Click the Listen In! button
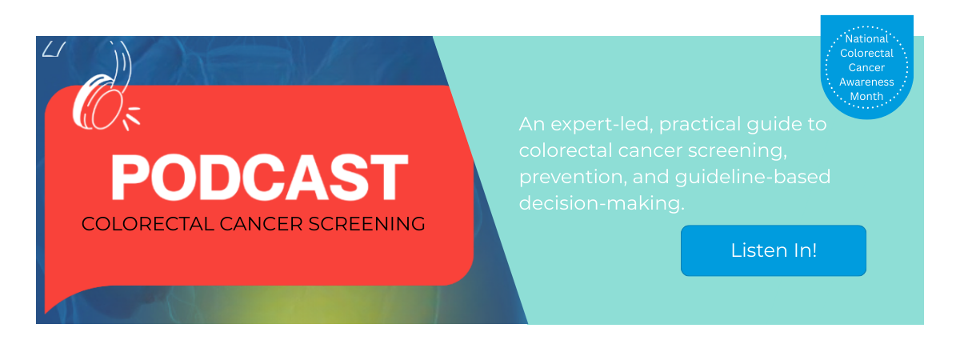(773, 250)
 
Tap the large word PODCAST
(259, 178)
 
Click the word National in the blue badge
(866, 38)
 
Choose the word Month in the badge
(866, 96)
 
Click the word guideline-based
(751, 177)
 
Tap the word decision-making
(602, 203)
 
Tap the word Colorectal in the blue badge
(866, 53)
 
